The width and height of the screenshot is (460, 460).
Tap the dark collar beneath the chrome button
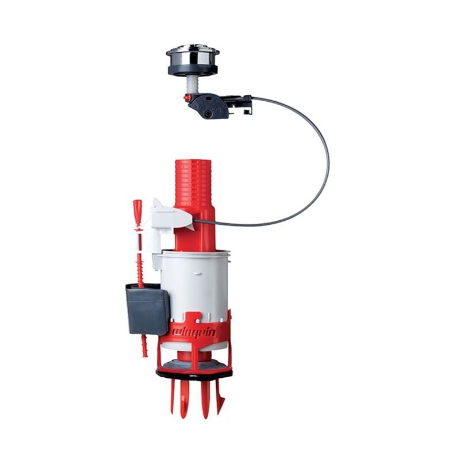[x=193, y=70]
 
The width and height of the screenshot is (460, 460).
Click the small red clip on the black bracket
[x=187, y=98]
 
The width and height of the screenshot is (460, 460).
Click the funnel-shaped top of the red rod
[x=137, y=206]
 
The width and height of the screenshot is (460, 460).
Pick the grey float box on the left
[x=147, y=308]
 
